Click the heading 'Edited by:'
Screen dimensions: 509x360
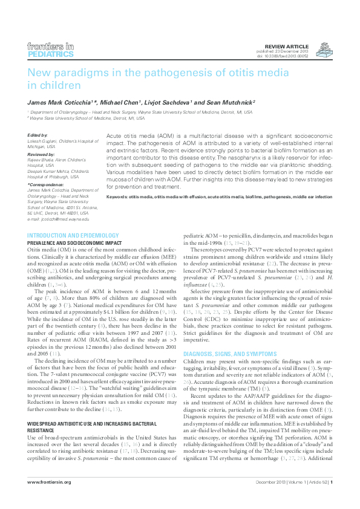tap(38, 135)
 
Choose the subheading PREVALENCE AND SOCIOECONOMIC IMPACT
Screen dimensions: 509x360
tap(75, 242)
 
